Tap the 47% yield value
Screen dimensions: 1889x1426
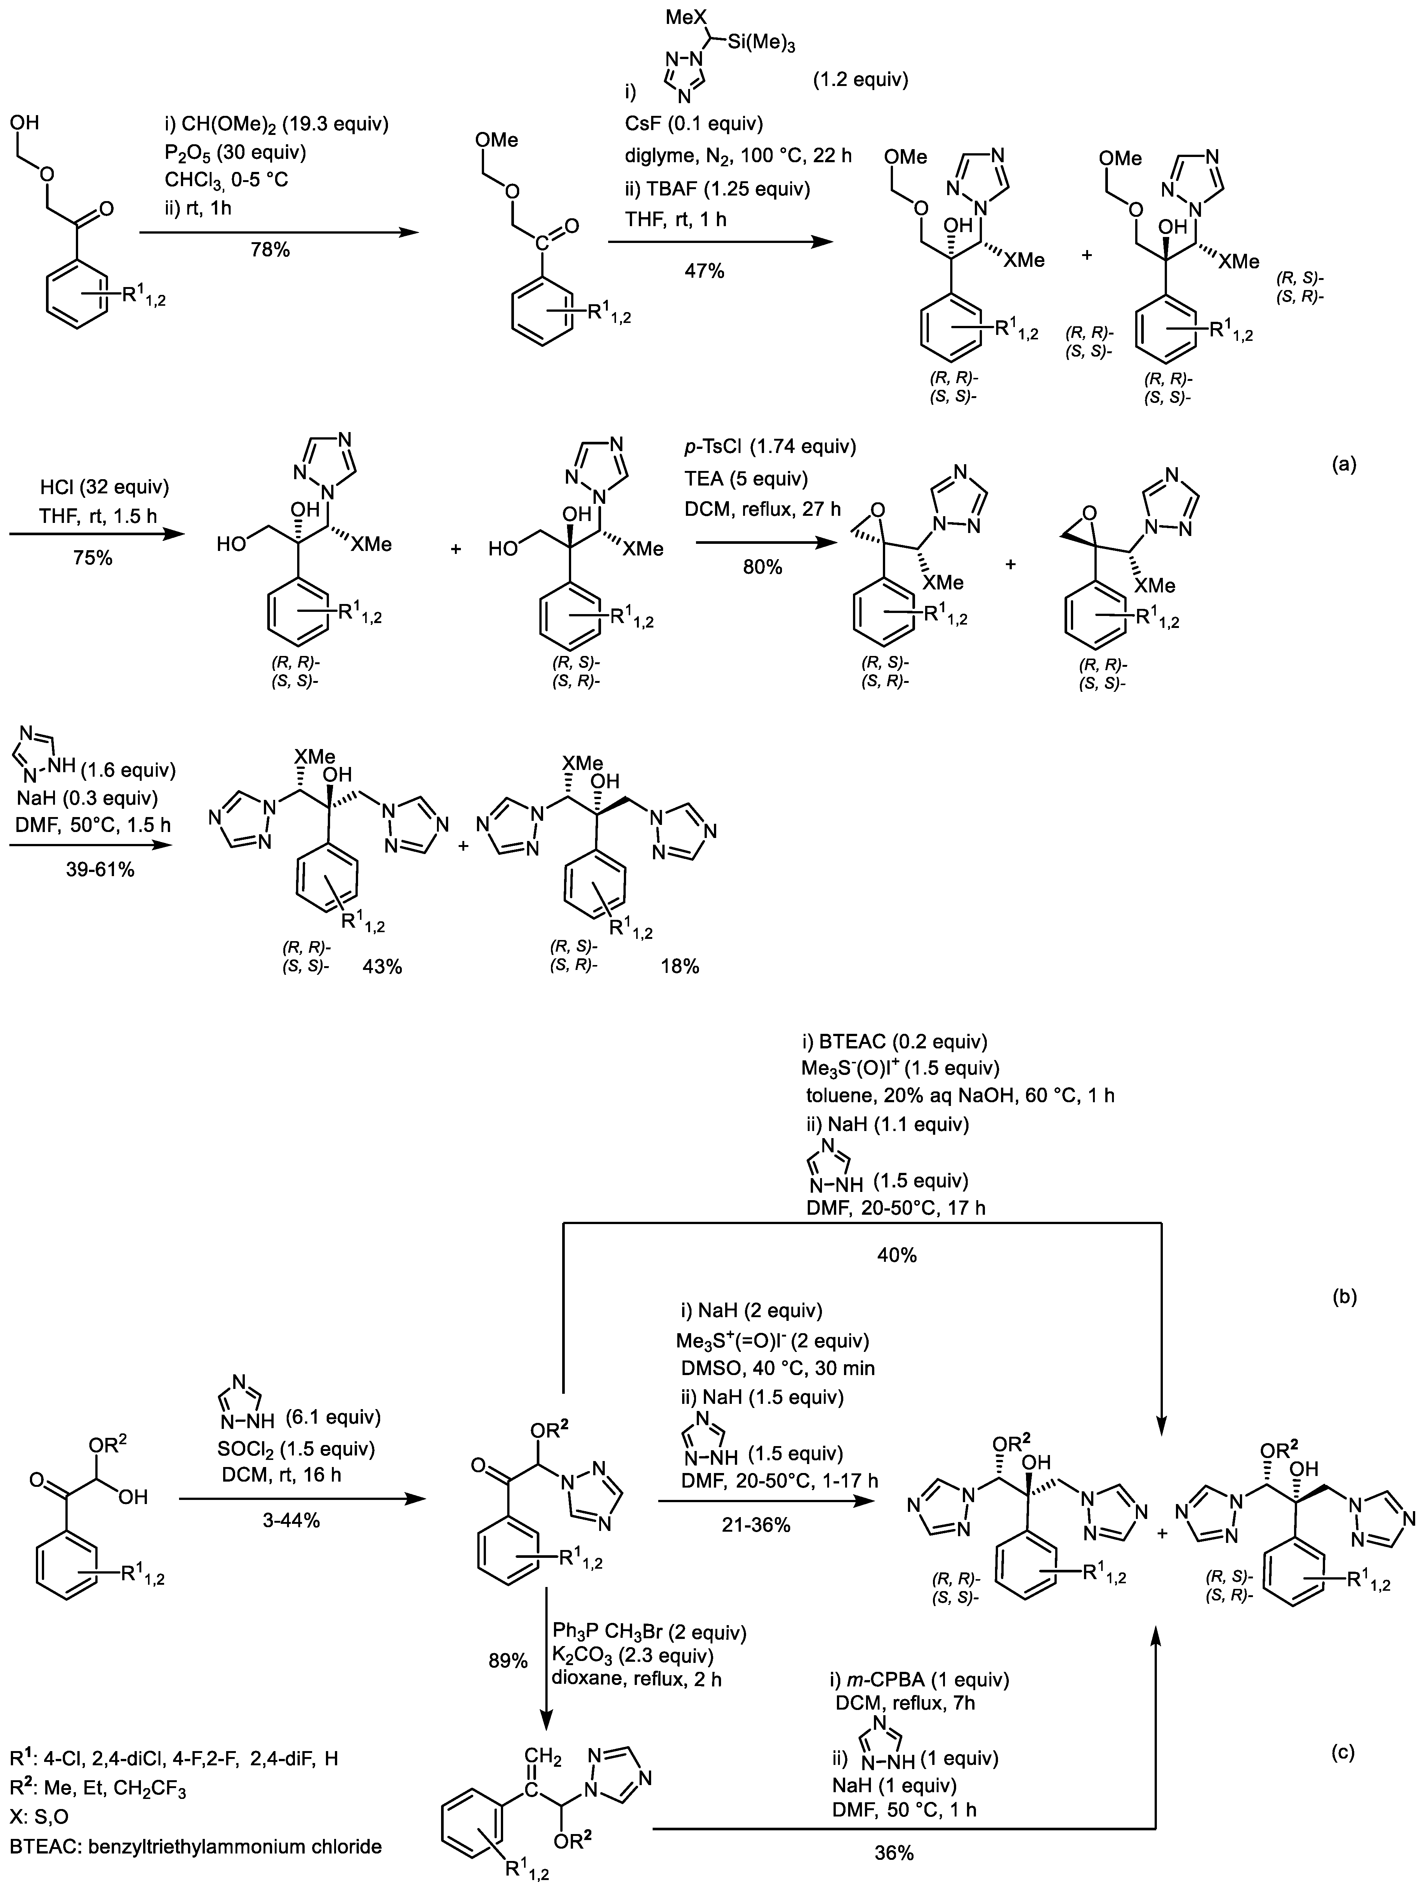(703, 272)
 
